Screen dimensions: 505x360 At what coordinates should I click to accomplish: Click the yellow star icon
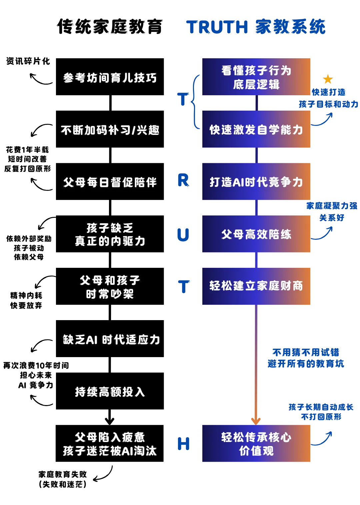tap(328, 79)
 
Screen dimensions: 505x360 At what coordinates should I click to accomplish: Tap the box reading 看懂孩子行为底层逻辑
tap(256, 77)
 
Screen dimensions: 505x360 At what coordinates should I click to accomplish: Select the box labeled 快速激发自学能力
tap(256, 130)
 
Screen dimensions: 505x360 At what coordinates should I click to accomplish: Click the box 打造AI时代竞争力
tap(256, 182)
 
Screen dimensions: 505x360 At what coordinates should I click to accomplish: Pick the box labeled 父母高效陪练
tap(256, 234)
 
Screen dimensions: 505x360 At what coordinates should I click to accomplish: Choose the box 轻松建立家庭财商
tap(256, 286)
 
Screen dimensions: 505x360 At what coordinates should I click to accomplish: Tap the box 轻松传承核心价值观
tap(256, 444)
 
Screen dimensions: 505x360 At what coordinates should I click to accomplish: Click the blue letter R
tap(183, 181)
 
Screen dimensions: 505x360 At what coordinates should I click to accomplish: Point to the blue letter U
tap(183, 234)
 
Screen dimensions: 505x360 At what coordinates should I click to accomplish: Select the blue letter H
tap(183, 444)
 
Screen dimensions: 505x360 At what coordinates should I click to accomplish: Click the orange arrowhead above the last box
tap(256, 420)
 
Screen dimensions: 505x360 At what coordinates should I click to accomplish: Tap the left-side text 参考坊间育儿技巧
tap(110, 78)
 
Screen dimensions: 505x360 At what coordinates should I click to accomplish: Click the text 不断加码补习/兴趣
tap(110, 130)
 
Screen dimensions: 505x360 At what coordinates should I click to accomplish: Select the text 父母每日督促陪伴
tap(110, 182)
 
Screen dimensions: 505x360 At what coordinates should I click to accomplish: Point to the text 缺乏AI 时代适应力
tap(111, 340)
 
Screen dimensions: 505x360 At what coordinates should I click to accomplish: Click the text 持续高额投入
tap(110, 392)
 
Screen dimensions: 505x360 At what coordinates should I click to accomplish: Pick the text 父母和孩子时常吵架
tap(110, 287)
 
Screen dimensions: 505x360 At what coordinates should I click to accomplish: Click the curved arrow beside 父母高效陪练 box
tap(323, 233)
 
